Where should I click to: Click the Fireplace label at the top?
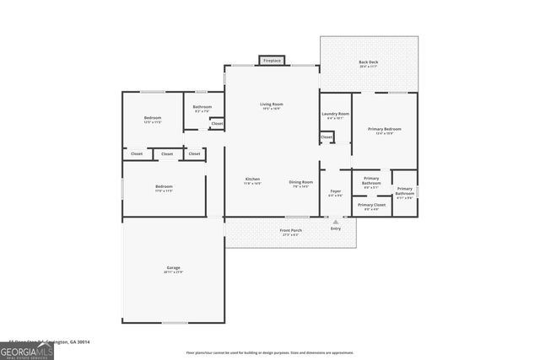click(272, 61)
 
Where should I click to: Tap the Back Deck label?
click(368, 63)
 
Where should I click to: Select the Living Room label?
click(271, 105)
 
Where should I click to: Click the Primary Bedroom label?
click(384, 129)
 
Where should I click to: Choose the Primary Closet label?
click(371, 205)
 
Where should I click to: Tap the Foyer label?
click(335, 192)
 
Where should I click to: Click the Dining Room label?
click(301, 182)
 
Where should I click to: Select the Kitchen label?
click(252, 180)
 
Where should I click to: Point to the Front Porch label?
click(291, 230)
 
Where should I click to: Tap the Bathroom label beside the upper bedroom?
click(202, 107)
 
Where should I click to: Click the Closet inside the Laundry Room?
click(327, 137)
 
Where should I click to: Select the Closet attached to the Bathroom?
click(217, 124)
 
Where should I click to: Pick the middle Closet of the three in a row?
click(167, 154)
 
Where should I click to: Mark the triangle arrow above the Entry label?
click(336, 222)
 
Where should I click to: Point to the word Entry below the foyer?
click(336, 228)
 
